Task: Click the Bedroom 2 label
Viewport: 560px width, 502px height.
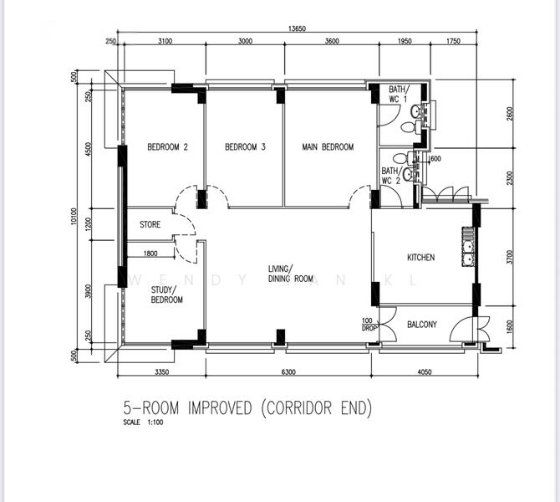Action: (167, 147)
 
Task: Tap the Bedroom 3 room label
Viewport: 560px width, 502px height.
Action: (245, 147)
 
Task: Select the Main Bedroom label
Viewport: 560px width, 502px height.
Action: (328, 147)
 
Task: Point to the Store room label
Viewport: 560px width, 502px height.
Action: (150, 224)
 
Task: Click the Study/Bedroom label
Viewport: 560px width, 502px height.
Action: (166, 295)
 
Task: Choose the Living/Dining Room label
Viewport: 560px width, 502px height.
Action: (290, 274)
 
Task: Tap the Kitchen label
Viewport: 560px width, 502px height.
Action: (420, 258)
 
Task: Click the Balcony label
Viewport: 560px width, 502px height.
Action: (422, 325)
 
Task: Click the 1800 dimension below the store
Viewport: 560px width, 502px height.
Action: (150, 254)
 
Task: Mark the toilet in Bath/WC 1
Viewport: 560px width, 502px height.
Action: (408, 127)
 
